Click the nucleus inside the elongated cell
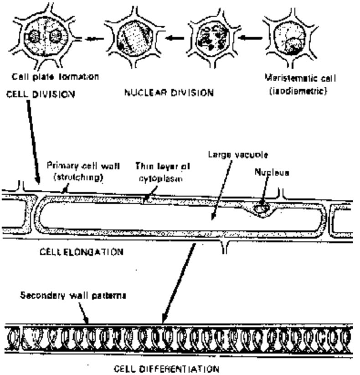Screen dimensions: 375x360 coord(262,209)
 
